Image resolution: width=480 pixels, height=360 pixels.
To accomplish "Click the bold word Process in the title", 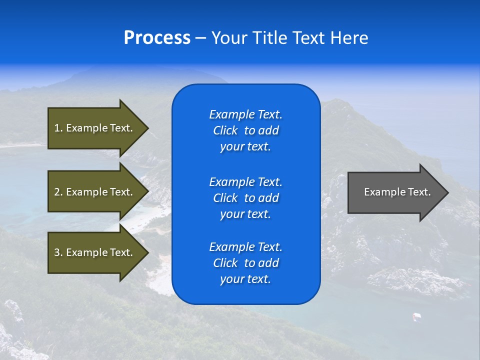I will (157, 38).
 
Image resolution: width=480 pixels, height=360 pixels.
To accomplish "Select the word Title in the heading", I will (271, 38).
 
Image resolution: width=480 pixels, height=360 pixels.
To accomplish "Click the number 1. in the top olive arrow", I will (58, 128).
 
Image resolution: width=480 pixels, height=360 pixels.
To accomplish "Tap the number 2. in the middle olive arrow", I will (58, 192).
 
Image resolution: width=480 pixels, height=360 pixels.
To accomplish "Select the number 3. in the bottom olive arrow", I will (58, 252).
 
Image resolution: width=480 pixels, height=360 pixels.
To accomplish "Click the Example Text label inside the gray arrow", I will (397, 192).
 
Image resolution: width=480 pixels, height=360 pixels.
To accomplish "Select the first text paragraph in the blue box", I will (245, 130).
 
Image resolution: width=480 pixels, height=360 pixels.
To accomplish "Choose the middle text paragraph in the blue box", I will (245, 197).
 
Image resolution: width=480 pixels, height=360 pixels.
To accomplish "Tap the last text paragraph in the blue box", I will (245, 263).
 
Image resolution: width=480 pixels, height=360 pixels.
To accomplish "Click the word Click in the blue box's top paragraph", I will (225, 130).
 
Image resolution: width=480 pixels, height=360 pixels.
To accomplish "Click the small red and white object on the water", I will (415, 316).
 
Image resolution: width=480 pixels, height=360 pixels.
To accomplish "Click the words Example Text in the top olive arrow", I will (99, 128).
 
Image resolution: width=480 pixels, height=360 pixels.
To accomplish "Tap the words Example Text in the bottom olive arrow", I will (99, 252).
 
